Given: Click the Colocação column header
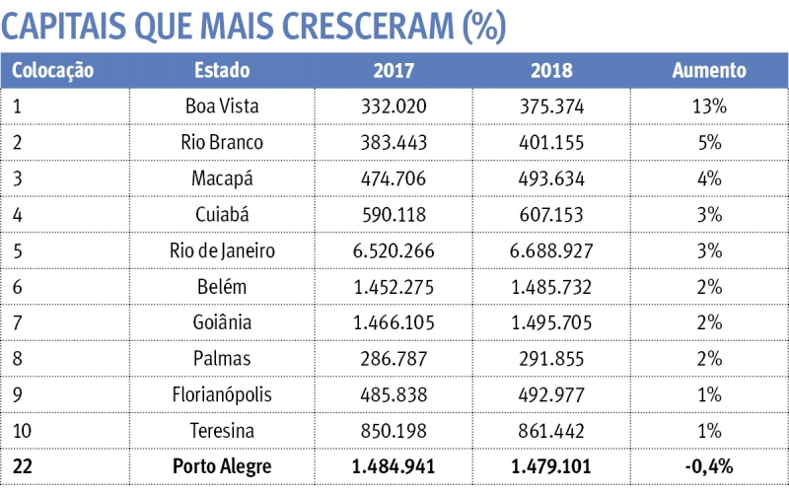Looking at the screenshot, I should pyautogui.click(x=52, y=71).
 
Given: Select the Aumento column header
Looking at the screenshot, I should pyautogui.click(x=708, y=71).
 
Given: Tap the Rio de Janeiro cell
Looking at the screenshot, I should pyautogui.click(x=222, y=250).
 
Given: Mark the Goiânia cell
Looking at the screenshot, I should pyautogui.click(x=222, y=322).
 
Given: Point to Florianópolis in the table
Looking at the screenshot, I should pyautogui.click(x=222, y=394).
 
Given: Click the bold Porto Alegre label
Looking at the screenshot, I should pyautogui.click(x=222, y=465).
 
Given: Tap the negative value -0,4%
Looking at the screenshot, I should pyautogui.click(x=708, y=465).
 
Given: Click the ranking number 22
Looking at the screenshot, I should pyautogui.click(x=23, y=465).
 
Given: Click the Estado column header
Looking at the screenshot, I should pyautogui.click(x=222, y=71).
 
